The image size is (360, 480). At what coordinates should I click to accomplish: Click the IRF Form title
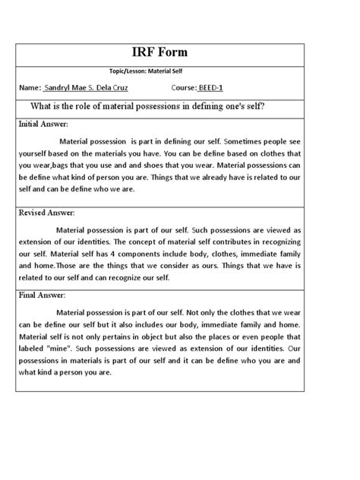click(179, 53)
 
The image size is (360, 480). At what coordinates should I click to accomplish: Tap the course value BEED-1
click(219, 87)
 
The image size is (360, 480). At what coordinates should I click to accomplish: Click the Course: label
click(188, 87)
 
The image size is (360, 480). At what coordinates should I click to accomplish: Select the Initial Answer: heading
click(43, 123)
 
